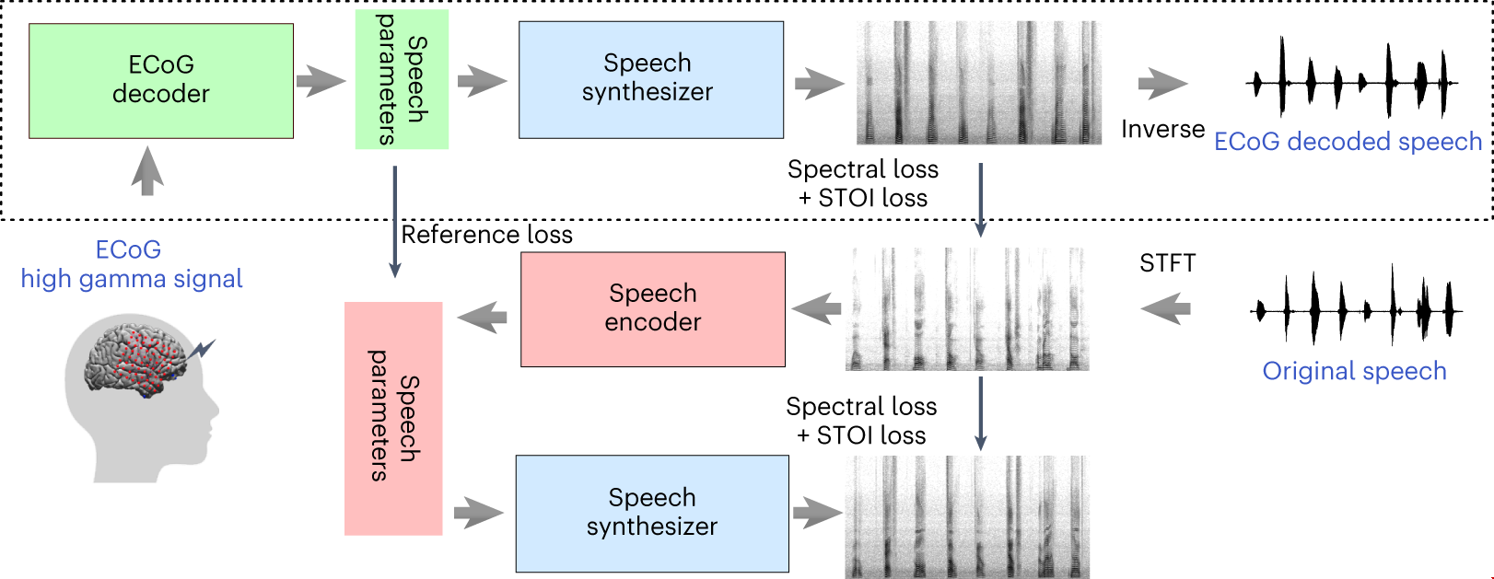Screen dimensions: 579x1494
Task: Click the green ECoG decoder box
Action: point(161,81)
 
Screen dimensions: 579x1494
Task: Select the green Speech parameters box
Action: point(402,79)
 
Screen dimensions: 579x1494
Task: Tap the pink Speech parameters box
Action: point(393,418)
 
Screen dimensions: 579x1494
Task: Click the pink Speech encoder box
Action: point(652,309)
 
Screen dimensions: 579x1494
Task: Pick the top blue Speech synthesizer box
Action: point(650,79)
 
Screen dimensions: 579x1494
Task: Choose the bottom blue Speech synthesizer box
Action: point(651,513)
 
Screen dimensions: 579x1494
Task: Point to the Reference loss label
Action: point(486,236)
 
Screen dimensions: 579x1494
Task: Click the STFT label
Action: point(1167,264)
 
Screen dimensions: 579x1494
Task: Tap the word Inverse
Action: point(1162,130)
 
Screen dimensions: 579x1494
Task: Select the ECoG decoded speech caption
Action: point(1348,142)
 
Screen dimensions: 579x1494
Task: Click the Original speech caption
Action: point(1354,371)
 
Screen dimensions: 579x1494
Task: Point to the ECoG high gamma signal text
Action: point(131,265)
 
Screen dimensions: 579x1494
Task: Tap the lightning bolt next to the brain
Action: point(203,349)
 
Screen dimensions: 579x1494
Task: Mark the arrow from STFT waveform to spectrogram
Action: point(1165,308)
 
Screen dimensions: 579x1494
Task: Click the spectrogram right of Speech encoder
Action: point(967,309)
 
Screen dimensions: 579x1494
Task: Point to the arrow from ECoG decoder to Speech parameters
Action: point(321,81)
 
